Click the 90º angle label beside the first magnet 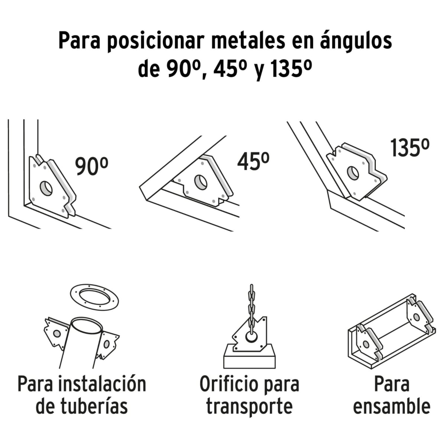pyautogui.click(x=91, y=166)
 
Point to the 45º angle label pyautogui.click(x=253, y=161)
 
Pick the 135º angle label pyautogui.click(x=410, y=147)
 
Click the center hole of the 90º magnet pyautogui.click(x=46, y=188)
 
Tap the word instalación pyautogui.click(x=102, y=384)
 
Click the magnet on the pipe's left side pyautogui.click(x=56, y=333)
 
